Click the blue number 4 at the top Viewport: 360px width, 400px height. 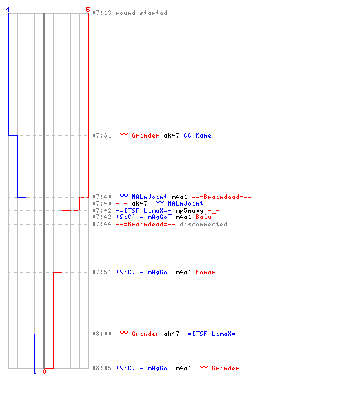click(x=8, y=10)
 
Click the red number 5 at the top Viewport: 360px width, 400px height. click(x=88, y=10)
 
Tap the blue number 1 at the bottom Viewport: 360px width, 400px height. click(x=34, y=371)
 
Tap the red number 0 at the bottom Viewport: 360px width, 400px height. click(x=44, y=371)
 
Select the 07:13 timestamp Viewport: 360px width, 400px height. click(x=102, y=13)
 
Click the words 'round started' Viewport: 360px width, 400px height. click(x=142, y=13)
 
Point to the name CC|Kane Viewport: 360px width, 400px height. click(x=198, y=135)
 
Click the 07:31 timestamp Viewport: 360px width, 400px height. click(x=102, y=135)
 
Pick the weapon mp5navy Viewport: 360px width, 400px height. click(x=190, y=211)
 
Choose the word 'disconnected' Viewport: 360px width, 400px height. click(x=203, y=224)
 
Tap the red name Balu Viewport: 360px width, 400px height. click(x=203, y=217)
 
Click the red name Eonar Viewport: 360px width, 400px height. click(x=206, y=272)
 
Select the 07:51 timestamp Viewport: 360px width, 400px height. click(x=102, y=272)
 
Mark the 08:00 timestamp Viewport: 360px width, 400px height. click(x=102, y=334)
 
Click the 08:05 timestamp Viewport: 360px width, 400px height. click(x=102, y=368)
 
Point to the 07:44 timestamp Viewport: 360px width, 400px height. click(x=102, y=224)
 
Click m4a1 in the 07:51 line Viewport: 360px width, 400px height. click(x=183, y=272)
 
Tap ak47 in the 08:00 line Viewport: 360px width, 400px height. click(x=171, y=334)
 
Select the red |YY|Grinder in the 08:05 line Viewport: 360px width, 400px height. click(x=218, y=368)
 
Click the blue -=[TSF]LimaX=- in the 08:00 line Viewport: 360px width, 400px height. click(x=211, y=334)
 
